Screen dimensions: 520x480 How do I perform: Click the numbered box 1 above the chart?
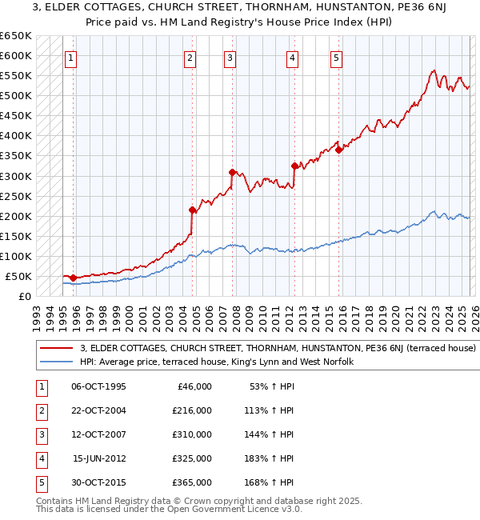(x=70, y=58)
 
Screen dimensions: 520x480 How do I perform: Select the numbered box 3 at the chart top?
(x=230, y=58)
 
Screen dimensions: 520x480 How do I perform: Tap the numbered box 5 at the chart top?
(x=336, y=58)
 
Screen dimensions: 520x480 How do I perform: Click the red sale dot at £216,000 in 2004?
(x=193, y=210)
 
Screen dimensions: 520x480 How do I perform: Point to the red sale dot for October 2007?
(x=232, y=172)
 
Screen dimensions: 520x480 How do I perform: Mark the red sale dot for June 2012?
(x=294, y=166)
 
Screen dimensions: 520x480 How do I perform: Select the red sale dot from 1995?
(x=73, y=278)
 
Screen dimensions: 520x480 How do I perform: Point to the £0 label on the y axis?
(x=24, y=296)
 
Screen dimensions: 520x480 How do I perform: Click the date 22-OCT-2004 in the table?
(x=98, y=410)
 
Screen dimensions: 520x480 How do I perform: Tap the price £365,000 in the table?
(x=192, y=482)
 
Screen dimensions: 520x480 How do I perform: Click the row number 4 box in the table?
(x=40, y=458)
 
